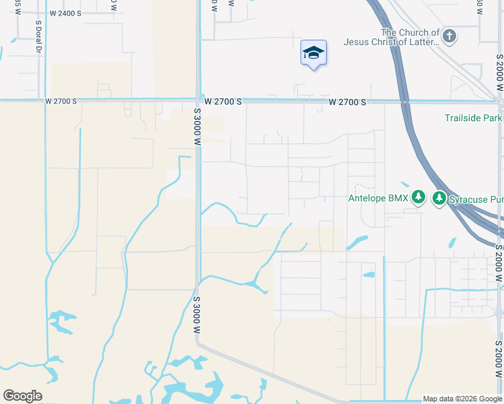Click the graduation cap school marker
pyautogui.click(x=313, y=53)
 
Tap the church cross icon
pyautogui.click(x=449, y=36)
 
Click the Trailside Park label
pyautogui.click(x=473, y=118)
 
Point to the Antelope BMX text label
pyautogui.click(x=378, y=198)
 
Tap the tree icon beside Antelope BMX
pyautogui.click(x=419, y=197)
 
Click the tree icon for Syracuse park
pyautogui.click(x=439, y=198)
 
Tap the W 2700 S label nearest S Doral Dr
pyautogui.click(x=61, y=102)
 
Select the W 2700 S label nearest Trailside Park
pyautogui.click(x=348, y=102)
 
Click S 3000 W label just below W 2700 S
pyautogui.click(x=197, y=127)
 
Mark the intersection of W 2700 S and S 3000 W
pyautogui.click(x=197, y=102)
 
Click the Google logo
pyautogui.click(x=22, y=395)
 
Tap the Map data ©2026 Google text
pyautogui.click(x=462, y=399)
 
